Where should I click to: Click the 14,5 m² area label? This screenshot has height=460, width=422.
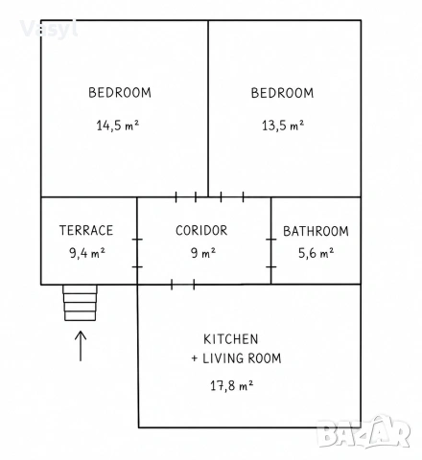click(118, 126)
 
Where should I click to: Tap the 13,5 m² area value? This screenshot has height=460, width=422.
click(283, 126)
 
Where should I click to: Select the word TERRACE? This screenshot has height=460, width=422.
click(86, 230)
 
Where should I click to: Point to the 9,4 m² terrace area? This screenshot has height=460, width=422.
click(87, 253)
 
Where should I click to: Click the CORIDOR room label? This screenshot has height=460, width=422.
click(201, 230)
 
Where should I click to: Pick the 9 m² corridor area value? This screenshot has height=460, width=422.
click(203, 253)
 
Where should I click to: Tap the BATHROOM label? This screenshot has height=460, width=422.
click(316, 231)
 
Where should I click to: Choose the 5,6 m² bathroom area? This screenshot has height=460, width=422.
click(316, 253)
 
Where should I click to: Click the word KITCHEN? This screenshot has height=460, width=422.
click(231, 339)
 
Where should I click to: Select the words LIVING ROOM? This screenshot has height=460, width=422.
click(242, 358)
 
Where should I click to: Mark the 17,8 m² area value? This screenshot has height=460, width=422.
click(232, 385)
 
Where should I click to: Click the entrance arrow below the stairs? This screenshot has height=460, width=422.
click(81, 346)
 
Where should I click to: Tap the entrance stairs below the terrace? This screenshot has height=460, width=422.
click(80, 303)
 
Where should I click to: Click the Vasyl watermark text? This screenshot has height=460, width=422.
click(49, 30)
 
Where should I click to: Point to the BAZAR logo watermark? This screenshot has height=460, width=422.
click(363, 431)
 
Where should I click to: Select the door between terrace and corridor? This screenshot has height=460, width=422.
click(137, 253)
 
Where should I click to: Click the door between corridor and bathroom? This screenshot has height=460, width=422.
click(271, 253)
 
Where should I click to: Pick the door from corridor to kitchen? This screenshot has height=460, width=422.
click(183, 285)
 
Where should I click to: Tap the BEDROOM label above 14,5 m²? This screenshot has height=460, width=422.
click(120, 93)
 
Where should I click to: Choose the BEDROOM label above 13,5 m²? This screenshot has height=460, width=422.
click(282, 93)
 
